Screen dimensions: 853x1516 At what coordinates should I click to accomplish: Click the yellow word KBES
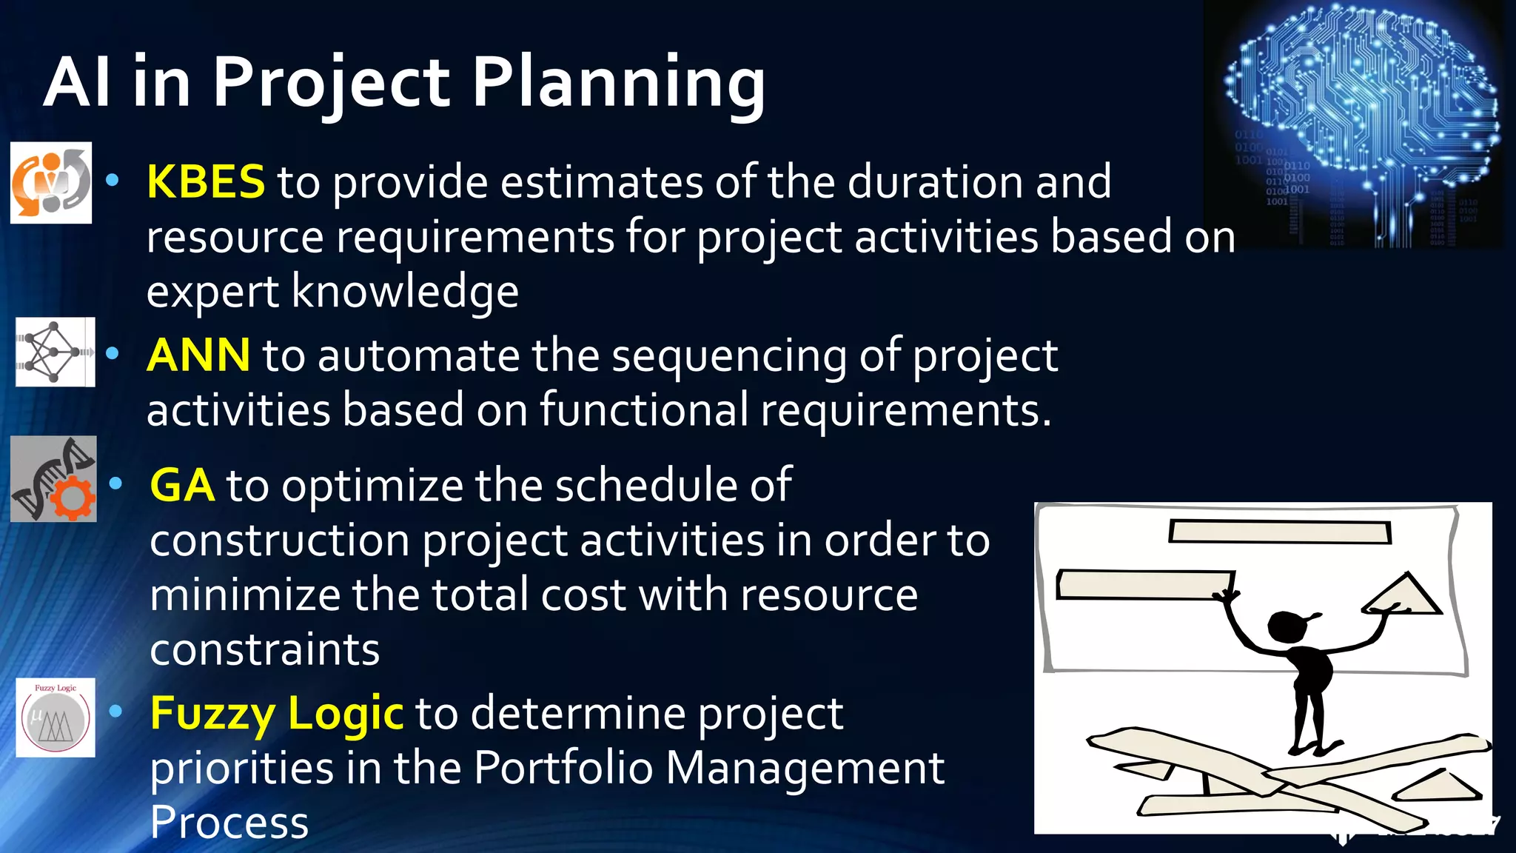point(206,181)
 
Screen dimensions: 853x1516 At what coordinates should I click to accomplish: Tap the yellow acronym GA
point(182,486)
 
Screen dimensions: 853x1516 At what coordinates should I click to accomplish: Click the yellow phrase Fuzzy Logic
point(276,713)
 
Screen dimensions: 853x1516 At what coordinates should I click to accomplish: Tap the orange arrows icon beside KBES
point(50,183)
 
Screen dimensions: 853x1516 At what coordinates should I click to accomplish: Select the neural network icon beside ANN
point(55,352)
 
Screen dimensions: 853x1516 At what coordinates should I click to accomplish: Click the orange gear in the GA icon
point(73,498)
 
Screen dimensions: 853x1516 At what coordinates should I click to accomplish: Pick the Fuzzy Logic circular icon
point(56,717)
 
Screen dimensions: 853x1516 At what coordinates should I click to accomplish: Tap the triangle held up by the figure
point(1403,597)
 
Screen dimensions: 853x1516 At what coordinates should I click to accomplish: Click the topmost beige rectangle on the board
point(1279,532)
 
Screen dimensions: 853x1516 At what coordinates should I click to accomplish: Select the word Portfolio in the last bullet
point(563,768)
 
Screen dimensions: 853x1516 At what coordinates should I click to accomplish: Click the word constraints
point(264,650)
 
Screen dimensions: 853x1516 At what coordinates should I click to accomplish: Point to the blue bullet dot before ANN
point(113,353)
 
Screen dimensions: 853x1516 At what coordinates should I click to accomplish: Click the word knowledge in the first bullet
point(405,291)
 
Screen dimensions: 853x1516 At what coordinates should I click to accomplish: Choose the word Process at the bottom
point(229,823)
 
